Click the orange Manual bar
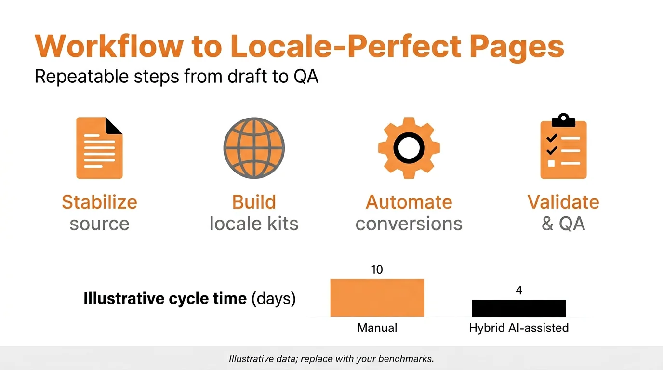click(x=377, y=298)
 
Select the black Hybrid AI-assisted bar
click(x=518, y=308)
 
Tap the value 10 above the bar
click(x=377, y=270)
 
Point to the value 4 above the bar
click(x=518, y=291)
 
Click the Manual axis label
click(x=377, y=328)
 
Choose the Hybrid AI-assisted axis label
click(x=518, y=328)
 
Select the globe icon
click(x=254, y=148)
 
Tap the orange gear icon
click(x=409, y=147)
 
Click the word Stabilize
click(x=99, y=202)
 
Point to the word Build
click(x=254, y=202)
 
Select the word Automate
click(x=409, y=202)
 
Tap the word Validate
click(x=563, y=202)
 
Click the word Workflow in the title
click(x=109, y=47)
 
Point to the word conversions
click(x=409, y=224)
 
